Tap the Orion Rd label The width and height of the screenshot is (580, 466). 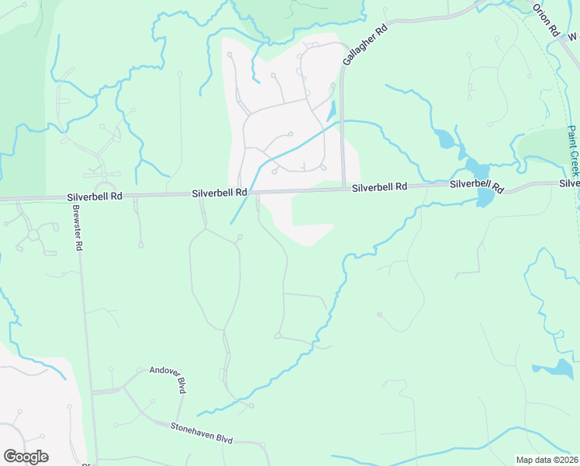click(546, 19)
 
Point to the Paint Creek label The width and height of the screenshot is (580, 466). click(574, 151)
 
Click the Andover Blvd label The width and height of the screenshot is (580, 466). click(170, 379)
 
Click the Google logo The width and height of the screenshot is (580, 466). click(26, 457)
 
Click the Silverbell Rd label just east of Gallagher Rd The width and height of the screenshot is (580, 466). click(379, 187)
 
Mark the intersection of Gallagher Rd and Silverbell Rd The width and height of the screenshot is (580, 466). click(343, 188)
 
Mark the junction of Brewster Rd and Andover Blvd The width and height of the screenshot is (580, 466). click(91, 391)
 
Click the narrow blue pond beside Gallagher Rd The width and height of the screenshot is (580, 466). click(333, 111)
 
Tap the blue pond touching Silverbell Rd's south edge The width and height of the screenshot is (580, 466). click(485, 198)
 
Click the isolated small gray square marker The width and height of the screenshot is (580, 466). click(379, 315)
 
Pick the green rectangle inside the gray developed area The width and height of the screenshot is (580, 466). click(313, 209)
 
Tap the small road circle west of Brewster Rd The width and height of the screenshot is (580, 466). click(33, 234)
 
